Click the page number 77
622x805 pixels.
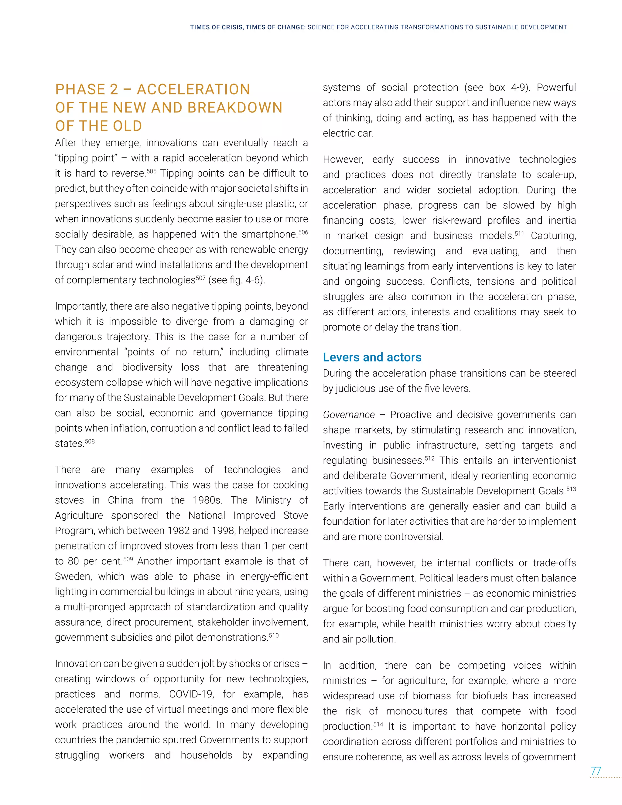(596, 771)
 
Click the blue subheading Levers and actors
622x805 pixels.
(372, 357)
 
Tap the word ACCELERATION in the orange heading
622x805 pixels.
(193, 89)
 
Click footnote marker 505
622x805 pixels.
(152, 171)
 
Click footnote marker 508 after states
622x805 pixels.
(90, 441)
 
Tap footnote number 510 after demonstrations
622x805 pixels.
(273, 635)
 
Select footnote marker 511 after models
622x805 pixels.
(519, 233)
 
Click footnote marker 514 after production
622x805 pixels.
(378, 724)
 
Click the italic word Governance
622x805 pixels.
(349, 415)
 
